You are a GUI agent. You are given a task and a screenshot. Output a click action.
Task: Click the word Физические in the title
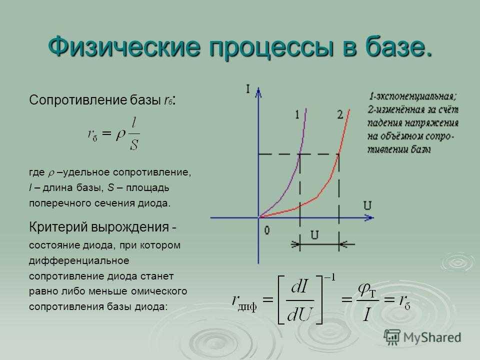coord(124,47)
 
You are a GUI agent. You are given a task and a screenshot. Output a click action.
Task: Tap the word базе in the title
coord(395,46)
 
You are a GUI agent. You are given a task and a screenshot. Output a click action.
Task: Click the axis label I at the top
coord(248,89)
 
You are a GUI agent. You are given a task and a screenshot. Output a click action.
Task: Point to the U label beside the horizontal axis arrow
coord(367,205)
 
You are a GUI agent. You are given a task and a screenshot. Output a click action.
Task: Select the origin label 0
coord(267,230)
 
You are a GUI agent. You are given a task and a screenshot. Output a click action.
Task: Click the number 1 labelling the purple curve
coord(297,114)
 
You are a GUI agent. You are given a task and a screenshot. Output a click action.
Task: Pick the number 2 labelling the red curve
coord(340,114)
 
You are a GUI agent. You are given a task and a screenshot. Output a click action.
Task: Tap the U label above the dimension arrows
coord(314,235)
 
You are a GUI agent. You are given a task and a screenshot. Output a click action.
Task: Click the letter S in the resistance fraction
coord(134,144)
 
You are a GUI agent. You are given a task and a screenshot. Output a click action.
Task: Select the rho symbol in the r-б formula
coord(120,134)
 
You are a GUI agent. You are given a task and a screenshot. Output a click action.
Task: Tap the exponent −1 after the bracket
coord(329,277)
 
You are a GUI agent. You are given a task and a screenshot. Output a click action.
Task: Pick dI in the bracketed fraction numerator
coord(299,287)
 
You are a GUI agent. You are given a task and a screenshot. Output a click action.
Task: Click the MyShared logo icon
coord(392,337)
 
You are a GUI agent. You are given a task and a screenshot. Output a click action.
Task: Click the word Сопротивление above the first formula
coord(78,100)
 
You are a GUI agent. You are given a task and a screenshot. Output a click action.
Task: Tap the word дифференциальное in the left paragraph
coord(79,261)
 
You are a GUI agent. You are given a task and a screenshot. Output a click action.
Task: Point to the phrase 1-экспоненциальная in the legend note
coord(412,96)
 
